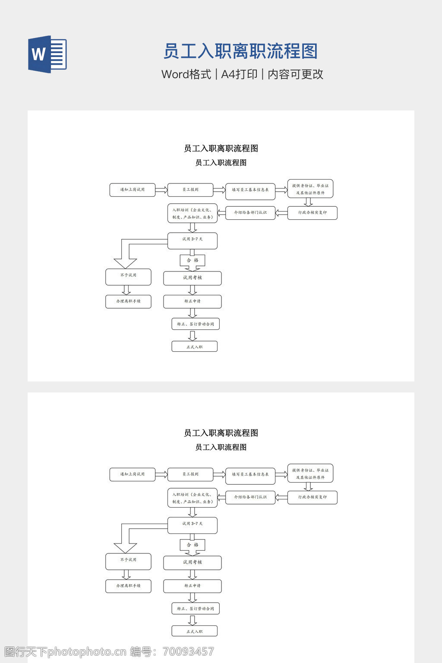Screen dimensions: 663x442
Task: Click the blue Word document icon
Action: [47, 54]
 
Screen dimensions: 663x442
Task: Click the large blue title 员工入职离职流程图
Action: [240, 51]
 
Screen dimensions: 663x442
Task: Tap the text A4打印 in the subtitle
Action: [239, 74]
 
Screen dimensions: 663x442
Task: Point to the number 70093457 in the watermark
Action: [188, 652]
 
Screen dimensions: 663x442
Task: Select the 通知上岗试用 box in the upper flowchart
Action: [132, 190]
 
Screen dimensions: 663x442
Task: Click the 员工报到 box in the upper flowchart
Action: [190, 190]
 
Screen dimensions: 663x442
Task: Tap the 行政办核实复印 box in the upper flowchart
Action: [312, 213]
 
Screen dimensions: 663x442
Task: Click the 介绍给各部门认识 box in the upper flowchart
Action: [250, 213]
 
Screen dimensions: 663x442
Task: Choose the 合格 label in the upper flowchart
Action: [193, 260]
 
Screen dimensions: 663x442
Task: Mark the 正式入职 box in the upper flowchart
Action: [194, 347]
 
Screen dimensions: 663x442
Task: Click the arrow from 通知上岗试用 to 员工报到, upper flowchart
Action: [161, 190]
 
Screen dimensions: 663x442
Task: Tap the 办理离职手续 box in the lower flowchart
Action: [128, 586]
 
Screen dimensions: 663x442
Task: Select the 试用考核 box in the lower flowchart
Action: [192, 562]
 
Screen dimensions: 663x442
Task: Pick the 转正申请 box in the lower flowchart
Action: [192, 586]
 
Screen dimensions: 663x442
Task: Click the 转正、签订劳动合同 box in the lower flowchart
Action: [196, 609]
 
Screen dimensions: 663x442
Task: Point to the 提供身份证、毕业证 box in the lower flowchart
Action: [310, 474]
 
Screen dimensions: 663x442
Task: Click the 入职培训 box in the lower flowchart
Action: [192, 498]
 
